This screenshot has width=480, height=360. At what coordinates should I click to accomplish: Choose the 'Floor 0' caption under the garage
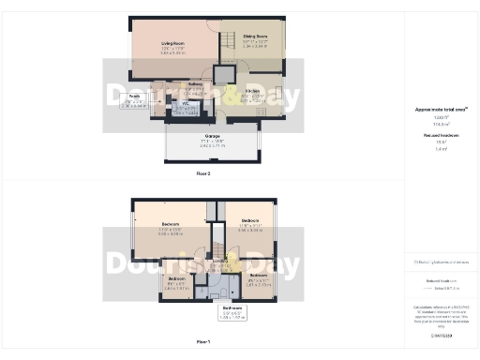(x=202, y=173)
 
